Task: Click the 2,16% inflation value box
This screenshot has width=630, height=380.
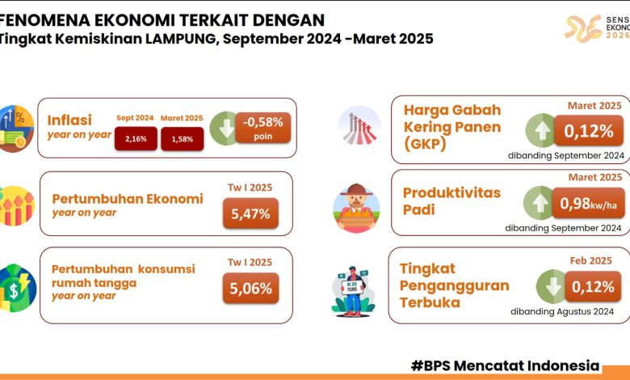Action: coord(136,139)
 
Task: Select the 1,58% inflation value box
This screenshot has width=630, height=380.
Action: coord(183,139)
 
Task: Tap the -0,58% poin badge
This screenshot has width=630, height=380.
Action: coord(262,128)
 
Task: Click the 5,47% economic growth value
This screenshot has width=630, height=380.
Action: coord(250,213)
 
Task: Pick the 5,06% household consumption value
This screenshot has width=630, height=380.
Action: coord(250,288)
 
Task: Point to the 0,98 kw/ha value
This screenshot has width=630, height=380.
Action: coord(588,204)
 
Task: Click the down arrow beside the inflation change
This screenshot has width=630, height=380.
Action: coord(226,129)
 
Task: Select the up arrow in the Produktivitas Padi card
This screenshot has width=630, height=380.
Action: coord(540,203)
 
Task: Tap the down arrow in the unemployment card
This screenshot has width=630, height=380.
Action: coord(552,286)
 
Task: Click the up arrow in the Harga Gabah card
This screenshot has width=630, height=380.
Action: coord(542,130)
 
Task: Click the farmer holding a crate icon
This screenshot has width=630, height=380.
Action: coord(356,209)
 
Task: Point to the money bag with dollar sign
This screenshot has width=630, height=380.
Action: coord(16,288)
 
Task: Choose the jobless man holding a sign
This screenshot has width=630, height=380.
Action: coord(353,291)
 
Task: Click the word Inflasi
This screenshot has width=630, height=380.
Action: coord(69,120)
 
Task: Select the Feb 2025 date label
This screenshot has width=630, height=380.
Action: coord(590,260)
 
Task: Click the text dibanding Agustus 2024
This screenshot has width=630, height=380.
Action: coord(562,311)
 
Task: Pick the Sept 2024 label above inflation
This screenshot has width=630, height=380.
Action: coord(135,118)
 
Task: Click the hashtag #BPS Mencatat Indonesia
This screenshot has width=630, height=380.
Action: coord(505,365)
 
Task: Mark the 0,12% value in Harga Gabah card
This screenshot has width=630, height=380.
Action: coord(589,131)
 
